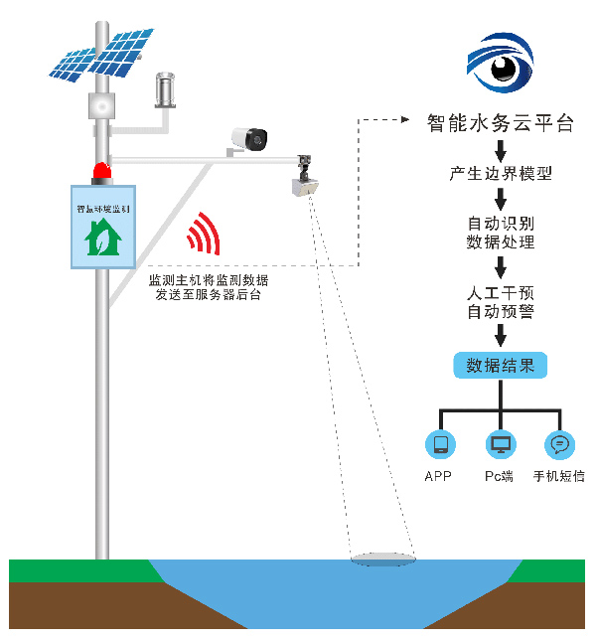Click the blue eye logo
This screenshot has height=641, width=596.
pos(501,62)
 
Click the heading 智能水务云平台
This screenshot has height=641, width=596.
pos(501,124)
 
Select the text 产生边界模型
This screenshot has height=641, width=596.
pos(501,174)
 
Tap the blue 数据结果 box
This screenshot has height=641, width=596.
pos(501,365)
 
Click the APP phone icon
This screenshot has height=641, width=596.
pos(438,443)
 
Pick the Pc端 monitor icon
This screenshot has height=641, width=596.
pos(500,443)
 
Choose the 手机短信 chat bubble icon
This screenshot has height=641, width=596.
pos(559,443)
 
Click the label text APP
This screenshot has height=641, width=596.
pos(438,477)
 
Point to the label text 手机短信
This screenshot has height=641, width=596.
pos(559,477)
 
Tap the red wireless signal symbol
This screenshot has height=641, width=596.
pos(206,236)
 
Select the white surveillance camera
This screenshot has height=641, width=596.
pos(249,139)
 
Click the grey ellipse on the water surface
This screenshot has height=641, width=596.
pos(382,560)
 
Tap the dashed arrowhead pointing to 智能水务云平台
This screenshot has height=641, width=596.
pos(404,120)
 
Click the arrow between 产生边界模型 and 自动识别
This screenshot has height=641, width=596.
pos(501,198)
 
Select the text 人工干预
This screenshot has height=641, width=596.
pos(501,294)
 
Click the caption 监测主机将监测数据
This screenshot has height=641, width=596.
pos(208,281)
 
